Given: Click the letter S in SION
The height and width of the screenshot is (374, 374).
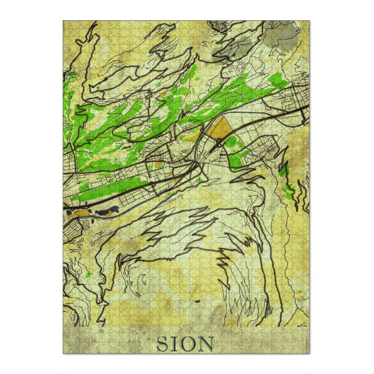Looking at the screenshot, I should click(x=162, y=343).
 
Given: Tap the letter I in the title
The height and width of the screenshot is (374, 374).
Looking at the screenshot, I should click(x=176, y=343).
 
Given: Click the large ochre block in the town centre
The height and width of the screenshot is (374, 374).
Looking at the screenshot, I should click(x=219, y=130).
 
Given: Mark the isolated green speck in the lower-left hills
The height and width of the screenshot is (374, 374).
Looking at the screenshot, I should click(x=91, y=274).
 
